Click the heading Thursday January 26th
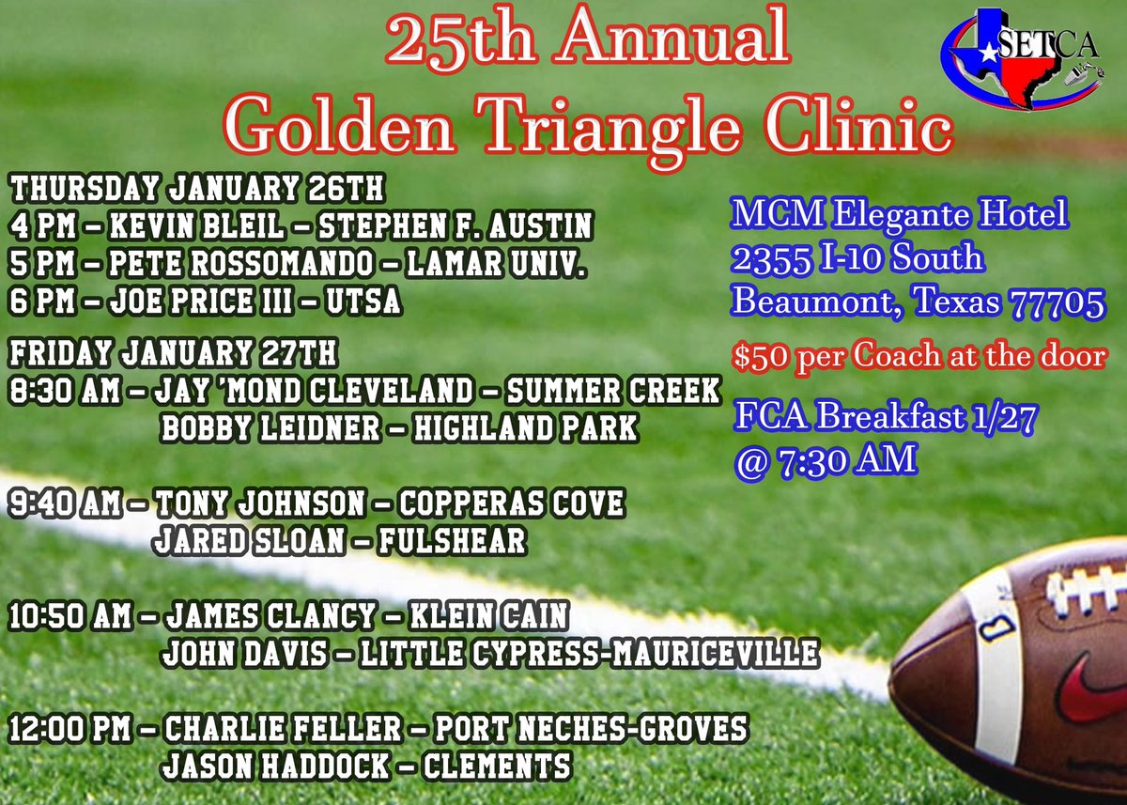coord(197,188)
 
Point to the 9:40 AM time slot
coord(65,504)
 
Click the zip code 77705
coord(1058,302)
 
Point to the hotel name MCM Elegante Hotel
coord(900,216)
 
